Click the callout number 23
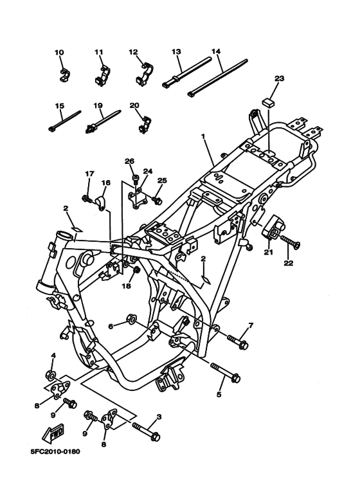coord(278,78)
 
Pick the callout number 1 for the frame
coord(203,137)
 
